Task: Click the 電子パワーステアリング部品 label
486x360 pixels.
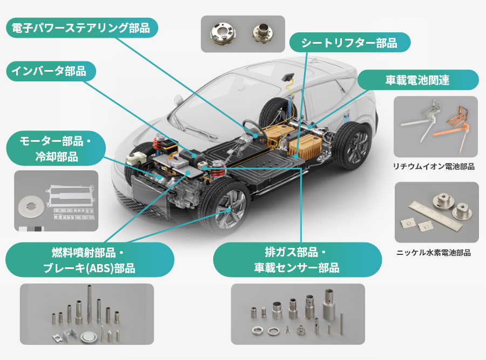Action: point(81,28)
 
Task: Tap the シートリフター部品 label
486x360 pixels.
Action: point(349,43)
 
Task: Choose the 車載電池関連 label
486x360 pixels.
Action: point(417,80)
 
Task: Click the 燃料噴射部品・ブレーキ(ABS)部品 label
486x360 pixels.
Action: point(90,260)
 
